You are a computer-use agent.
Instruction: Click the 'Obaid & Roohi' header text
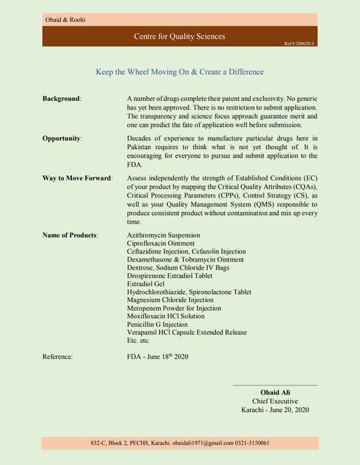pyautogui.click(x=65, y=20)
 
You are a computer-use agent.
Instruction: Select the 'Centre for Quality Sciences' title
pyautogui.click(x=180, y=36)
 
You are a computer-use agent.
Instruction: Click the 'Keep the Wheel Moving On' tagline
pyautogui.click(x=180, y=72)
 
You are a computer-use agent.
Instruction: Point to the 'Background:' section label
pyautogui.click(x=62, y=98)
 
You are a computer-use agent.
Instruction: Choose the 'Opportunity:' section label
pyautogui.click(x=63, y=137)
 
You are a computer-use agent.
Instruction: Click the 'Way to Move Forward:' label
pyautogui.click(x=77, y=177)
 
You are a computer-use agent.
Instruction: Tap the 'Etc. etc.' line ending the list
pyautogui.click(x=138, y=340)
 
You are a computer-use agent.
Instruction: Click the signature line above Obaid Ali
pyautogui.click(x=275, y=385)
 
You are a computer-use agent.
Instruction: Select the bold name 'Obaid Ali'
pyautogui.click(x=275, y=392)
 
